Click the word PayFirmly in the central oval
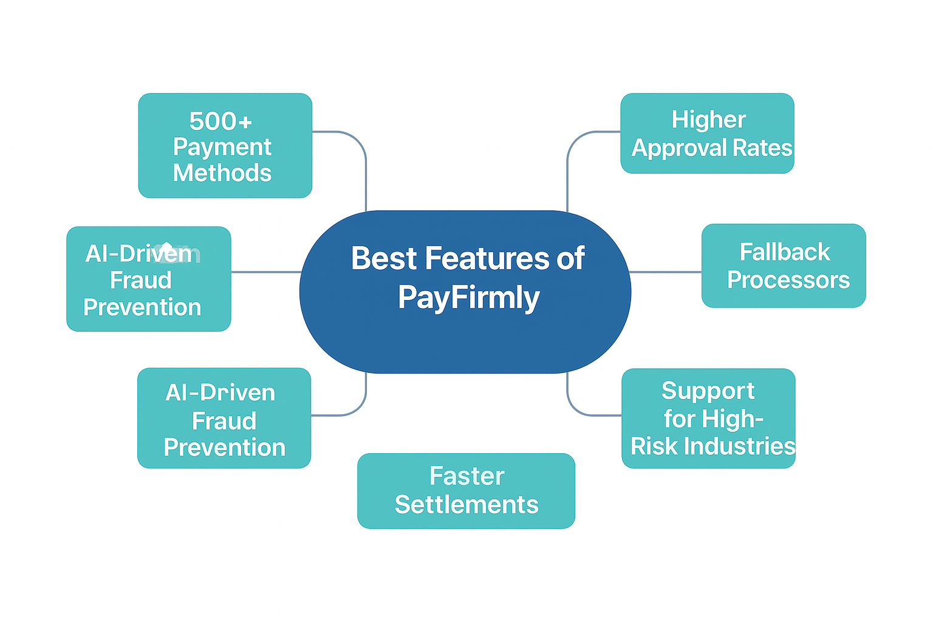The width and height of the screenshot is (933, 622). pyautogui.click(x=469, y=298)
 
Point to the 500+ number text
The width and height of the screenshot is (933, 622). pyautogui.click(x=220, y=121)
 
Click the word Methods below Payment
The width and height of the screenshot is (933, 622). pyautogui.click(x=222, y=173)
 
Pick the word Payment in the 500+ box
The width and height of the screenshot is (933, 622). pyautogui.click(x=222, y=147)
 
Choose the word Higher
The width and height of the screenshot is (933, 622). pyautogui.click(x=708, y=120)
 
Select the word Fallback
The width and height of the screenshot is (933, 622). pyautogui.click(x=785, y=252)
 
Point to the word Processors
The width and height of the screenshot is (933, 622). pyautogui.click(x=788, y=280)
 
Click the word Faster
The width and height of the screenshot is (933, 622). pyautogui.click(x=466, y=476)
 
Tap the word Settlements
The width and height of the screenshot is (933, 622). pyautogui.click(x=466, y=505)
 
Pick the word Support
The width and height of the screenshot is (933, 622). pyautogui.click(x=708, y=391)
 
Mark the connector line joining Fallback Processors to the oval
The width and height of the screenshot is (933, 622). pyautogui.click(x=666, y=272)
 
